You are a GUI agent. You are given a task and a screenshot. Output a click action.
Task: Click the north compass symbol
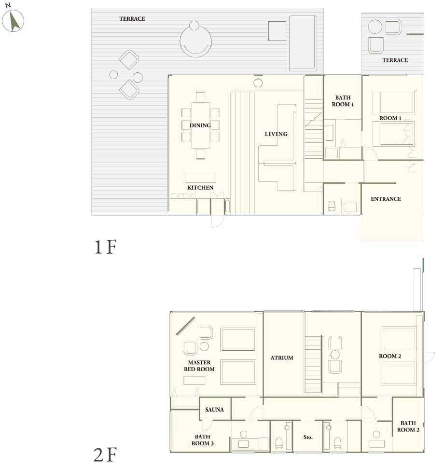point(13,21)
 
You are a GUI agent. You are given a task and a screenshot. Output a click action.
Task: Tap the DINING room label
point(200,125)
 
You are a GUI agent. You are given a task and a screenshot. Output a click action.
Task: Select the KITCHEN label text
point(200,188)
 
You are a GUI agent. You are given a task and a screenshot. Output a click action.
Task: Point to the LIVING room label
point(276,134)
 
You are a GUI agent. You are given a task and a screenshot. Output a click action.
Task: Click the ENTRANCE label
point(386,199)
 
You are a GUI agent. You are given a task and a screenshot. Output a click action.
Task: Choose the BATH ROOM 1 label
point(343,101)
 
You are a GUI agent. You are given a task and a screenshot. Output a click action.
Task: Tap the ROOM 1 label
point(390,118)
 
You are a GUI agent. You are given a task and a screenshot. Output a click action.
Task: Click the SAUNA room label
point(215,410)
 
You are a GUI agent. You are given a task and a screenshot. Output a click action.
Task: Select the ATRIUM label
point(282,358)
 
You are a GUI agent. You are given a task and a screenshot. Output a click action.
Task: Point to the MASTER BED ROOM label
point(199,366)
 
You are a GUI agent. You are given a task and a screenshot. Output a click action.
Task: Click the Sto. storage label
point(308,437)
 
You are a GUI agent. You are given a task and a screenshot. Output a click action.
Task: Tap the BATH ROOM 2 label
point(408,427)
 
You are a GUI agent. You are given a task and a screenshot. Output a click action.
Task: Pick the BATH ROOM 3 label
point(203,440)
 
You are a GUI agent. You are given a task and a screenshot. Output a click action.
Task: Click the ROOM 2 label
point(390,356)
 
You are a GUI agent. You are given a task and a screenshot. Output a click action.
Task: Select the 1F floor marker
point(106,248)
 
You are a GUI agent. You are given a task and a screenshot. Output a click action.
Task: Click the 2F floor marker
point(106,454)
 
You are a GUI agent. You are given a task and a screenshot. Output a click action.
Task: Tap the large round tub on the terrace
point(196,41)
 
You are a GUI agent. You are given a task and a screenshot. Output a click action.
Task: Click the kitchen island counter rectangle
point(200,178)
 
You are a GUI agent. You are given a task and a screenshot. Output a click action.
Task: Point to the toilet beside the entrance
point(332,206)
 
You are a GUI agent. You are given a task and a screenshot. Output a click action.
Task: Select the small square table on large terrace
point(277,31)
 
